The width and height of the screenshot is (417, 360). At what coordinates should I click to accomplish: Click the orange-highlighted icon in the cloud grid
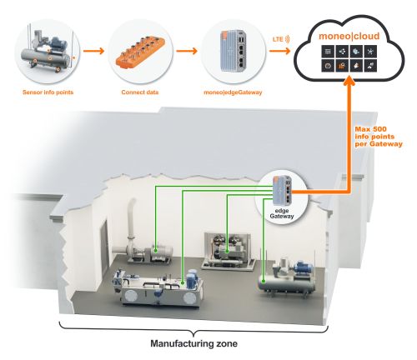point(341,66)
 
